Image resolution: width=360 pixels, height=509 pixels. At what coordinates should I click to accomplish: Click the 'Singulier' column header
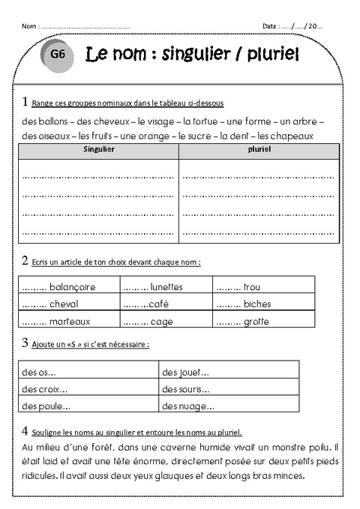click(97, 150)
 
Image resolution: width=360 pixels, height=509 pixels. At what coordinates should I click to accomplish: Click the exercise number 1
click(25, 101)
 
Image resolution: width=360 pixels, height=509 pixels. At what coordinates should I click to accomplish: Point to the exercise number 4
click(25, 431)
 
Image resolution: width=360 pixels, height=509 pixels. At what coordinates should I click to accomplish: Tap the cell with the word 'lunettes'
click(166, 286)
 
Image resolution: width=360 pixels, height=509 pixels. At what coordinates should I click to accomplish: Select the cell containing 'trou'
click(264, 286)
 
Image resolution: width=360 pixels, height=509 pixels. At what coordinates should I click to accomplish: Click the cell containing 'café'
click(166, 304)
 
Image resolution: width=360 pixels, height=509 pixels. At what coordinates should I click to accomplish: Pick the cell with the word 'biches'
click(264, 304)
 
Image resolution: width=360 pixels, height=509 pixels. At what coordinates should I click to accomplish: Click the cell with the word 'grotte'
click(264, 321)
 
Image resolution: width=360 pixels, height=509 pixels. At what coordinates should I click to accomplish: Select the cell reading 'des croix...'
click(88, 388)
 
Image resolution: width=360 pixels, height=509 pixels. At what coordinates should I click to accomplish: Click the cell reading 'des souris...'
click(229, 388)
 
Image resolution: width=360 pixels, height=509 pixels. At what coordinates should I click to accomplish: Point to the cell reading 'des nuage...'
click(229, 406)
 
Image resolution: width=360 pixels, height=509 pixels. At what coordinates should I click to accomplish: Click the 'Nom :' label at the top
click(30, 25)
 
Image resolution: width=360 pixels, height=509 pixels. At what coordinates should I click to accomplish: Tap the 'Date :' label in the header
click(270, 25)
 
